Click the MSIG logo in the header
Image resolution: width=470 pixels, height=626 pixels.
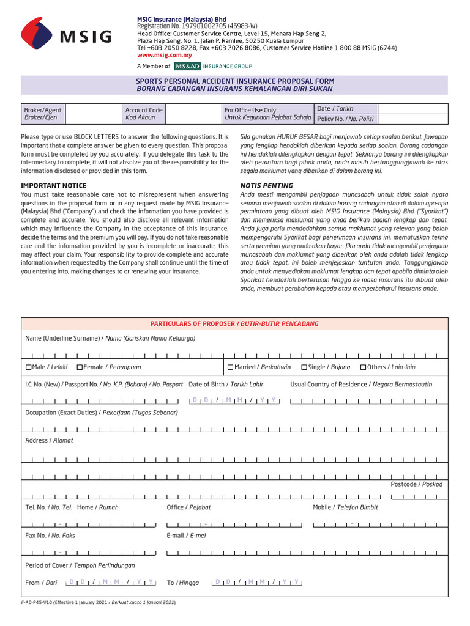coord(66,35)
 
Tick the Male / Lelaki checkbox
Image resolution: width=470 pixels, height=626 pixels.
coord(28,367)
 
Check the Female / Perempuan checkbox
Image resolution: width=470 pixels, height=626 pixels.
coord(80,367)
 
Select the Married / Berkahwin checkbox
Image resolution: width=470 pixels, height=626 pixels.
coord(230,367)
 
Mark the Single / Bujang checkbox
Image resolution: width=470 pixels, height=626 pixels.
coord(304,367)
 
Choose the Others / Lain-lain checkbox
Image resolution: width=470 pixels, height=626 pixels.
coord(364,367)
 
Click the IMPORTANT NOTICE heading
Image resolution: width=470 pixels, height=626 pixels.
coord(53,185)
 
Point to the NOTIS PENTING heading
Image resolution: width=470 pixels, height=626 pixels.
coord(266,185)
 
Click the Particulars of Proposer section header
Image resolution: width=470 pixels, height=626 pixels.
coord(234,324)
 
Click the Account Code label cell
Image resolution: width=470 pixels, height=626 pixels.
coord(144,114)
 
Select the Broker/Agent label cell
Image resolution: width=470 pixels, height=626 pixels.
coord(42,114)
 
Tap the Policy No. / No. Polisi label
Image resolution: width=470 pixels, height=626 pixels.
coord(345,119)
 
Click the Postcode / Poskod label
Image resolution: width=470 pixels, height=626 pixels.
coord(416,484)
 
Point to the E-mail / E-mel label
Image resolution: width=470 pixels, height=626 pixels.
coord(186,536)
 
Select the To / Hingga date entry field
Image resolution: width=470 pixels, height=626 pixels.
coord(256,582)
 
